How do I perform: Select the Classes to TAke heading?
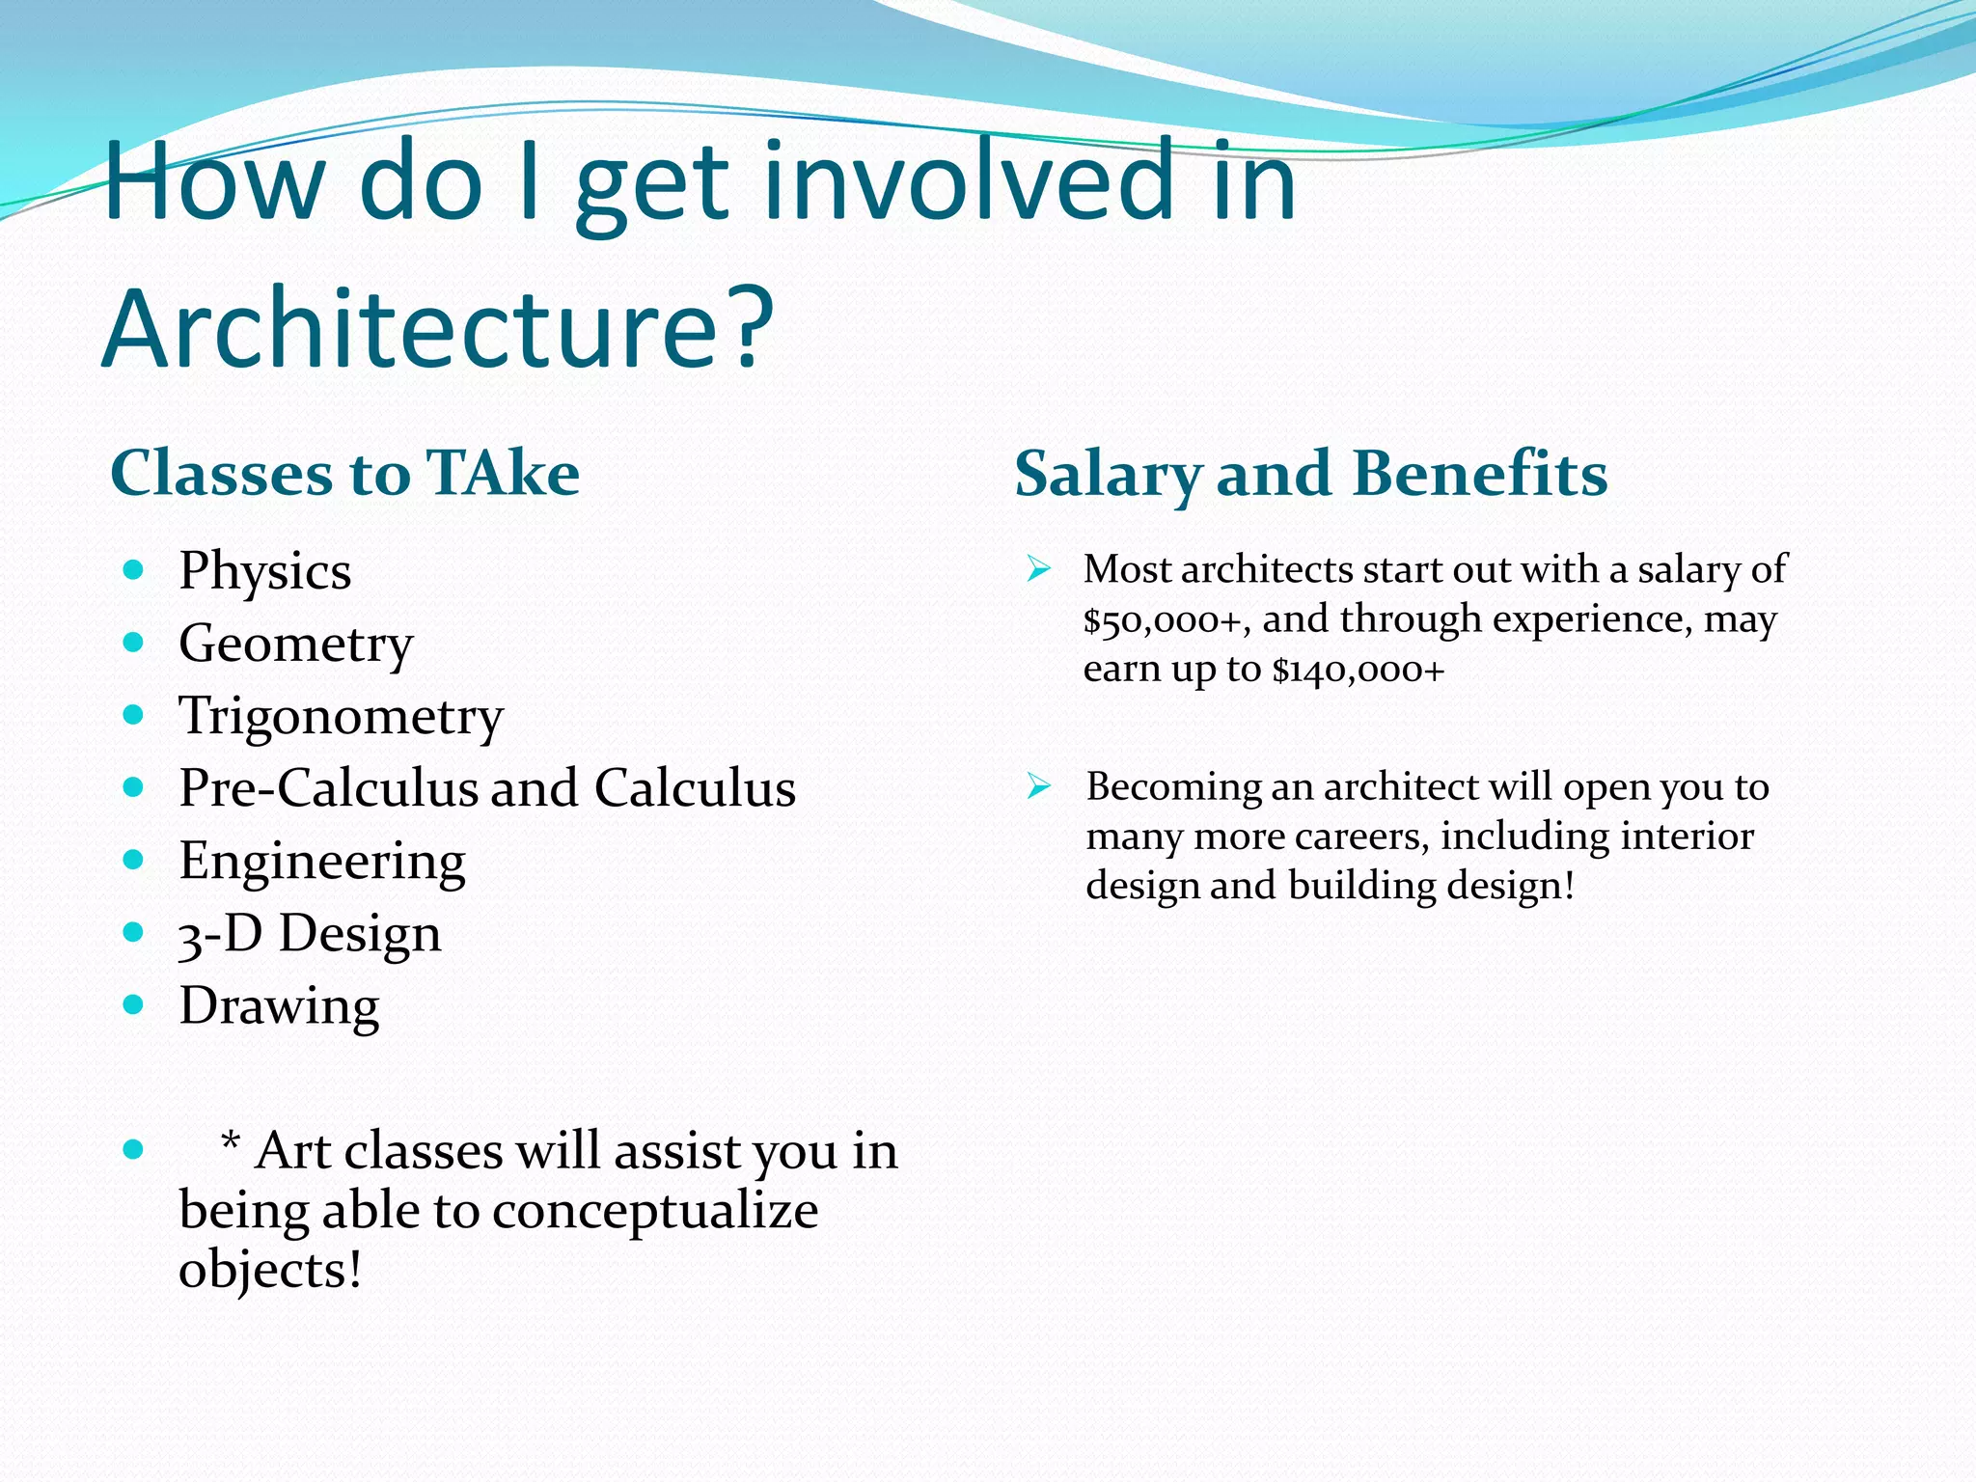(344, 473)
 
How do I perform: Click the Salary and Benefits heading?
(1310, 474)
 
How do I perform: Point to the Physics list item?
(264, 571)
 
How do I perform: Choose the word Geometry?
(295, 644)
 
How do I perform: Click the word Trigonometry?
(341, 716)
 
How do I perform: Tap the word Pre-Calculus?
(329, 788)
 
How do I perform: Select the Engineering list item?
(321, 861)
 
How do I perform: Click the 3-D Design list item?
(309, 933)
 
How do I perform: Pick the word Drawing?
(279, 1006)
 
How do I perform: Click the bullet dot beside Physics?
(134, 569)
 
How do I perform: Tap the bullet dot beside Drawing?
(134, 1004)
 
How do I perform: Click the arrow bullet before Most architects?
(1038, 568)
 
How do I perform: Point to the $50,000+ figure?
(1161, 620)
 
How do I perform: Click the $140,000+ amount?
(1358, 670)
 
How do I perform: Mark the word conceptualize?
(655, 1210)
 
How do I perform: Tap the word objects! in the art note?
(270, 1270)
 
